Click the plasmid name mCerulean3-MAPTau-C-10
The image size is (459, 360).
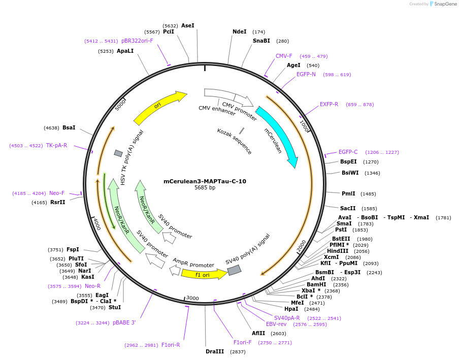[205, 181]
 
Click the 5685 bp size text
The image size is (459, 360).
[205, 188]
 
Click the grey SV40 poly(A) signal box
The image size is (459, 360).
[234, 270]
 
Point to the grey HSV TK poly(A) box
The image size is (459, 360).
[118, 153]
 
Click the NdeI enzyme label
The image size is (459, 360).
[239, 31]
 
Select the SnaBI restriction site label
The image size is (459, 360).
[261, 41]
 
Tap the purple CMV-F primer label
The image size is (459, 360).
[284, 56]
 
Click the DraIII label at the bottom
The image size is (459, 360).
[214, 351]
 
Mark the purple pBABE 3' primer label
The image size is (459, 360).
[124, 322]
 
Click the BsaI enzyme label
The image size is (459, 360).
[69, 127]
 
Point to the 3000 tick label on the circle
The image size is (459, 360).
[192, 298]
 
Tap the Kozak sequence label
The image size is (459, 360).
[234, 141]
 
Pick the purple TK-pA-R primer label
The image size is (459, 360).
[56, 145]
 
